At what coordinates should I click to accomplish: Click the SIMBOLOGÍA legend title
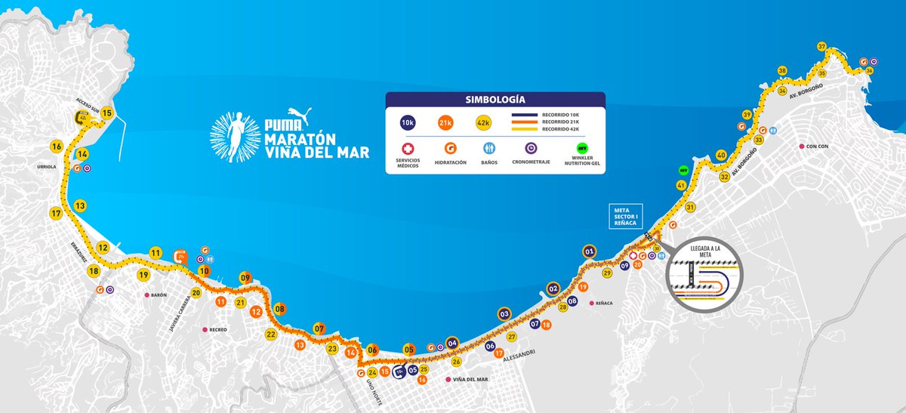click(x=495, y=99)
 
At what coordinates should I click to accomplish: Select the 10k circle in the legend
click(x=408, y=122)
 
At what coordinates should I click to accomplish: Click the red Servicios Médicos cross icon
click(x=408, y=149)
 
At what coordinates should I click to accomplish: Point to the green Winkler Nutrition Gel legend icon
click(x=582, y=149)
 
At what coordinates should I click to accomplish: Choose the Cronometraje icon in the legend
click(x=533, y=149)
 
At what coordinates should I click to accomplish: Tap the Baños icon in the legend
click(x=488, y=149)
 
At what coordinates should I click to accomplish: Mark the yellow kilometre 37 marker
click(x=822, y=46)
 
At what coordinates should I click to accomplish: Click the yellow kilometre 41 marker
click(x=681, y=185)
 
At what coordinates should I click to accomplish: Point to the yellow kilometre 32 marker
click(x=724, y=177)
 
